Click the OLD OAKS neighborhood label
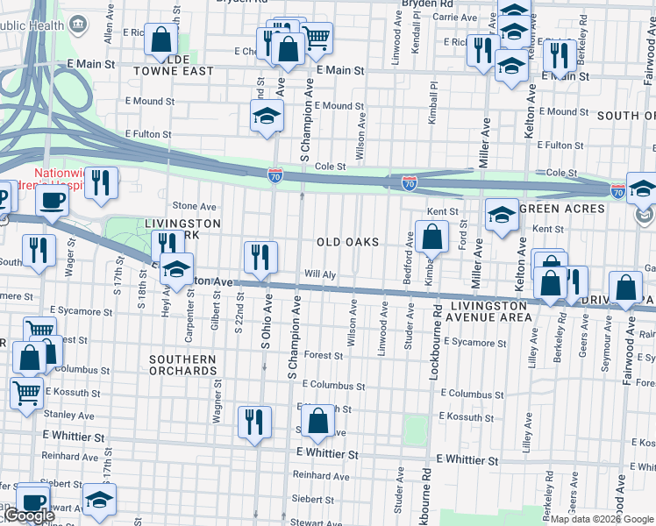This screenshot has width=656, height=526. pos(347,242)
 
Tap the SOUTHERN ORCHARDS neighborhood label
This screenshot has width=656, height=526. pos(182,365)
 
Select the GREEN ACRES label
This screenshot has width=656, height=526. pos(561,209)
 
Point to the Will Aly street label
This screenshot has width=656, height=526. pos(321,274)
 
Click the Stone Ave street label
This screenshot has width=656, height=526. pos(194,207)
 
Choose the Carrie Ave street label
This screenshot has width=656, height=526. pos(454,18)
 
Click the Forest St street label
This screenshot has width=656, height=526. pos(324,356)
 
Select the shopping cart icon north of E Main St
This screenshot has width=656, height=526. pos(317,36)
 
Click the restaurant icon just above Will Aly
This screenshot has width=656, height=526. pos(260,256)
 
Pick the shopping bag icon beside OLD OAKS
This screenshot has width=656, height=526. pos(431,236)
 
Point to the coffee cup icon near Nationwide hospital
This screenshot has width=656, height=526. pos(52,199)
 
